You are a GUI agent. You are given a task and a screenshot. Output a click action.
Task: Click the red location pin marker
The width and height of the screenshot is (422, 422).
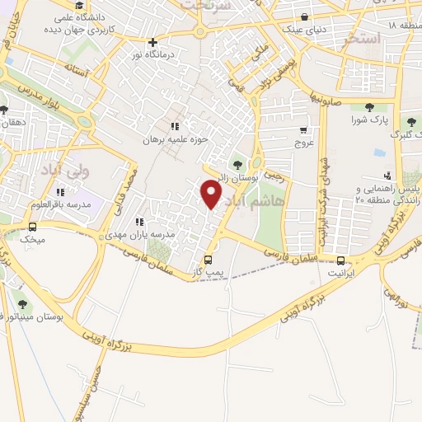(212, 195)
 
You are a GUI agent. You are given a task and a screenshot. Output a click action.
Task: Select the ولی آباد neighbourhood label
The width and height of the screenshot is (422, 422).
(62, 171)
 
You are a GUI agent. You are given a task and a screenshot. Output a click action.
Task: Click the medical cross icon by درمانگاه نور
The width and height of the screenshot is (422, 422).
(152, 42)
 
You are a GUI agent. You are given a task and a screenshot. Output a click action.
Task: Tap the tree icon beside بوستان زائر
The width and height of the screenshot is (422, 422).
(238, 166)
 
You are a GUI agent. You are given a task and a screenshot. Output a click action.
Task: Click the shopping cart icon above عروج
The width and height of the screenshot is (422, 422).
(304, 130)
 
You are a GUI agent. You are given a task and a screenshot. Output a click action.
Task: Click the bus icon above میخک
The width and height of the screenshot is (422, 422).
(33, 227)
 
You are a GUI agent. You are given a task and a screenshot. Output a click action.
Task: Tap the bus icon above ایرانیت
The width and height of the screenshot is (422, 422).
(335, 257)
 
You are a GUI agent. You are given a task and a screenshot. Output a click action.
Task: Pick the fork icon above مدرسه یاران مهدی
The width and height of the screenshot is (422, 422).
(138, 221)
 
